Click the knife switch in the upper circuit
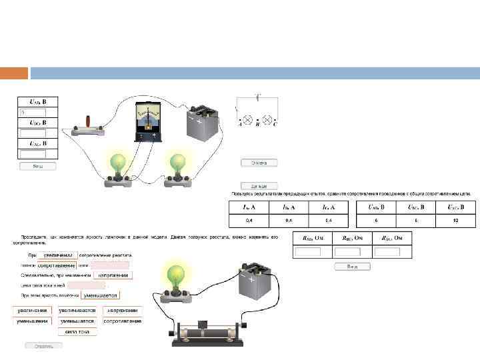pyautogui.click(x=87, y=127)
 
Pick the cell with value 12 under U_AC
pyautogui.click(x=455, y=219)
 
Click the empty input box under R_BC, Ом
pyautogui.click(x=347, y=251)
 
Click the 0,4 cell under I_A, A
pyautogui.click(x=249, y=219)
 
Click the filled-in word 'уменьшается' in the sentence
pyautogui.click(x=100, y=295)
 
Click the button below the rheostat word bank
pyautogui.click(x=43, y=345)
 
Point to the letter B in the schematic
pyautogui.click(x=257, y=125)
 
